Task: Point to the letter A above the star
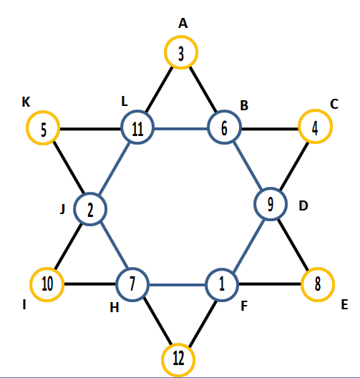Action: [x=183, y=24]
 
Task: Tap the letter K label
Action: [x=26, y=102]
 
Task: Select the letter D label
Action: [x=303, y=206]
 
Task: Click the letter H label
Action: [x=115, y=308]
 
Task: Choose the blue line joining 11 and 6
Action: [x=181, y=129]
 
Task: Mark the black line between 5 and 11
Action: [x=90, y=129]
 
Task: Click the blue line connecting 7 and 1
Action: [x=177, y=285]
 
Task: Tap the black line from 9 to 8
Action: [x=293, y=244]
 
